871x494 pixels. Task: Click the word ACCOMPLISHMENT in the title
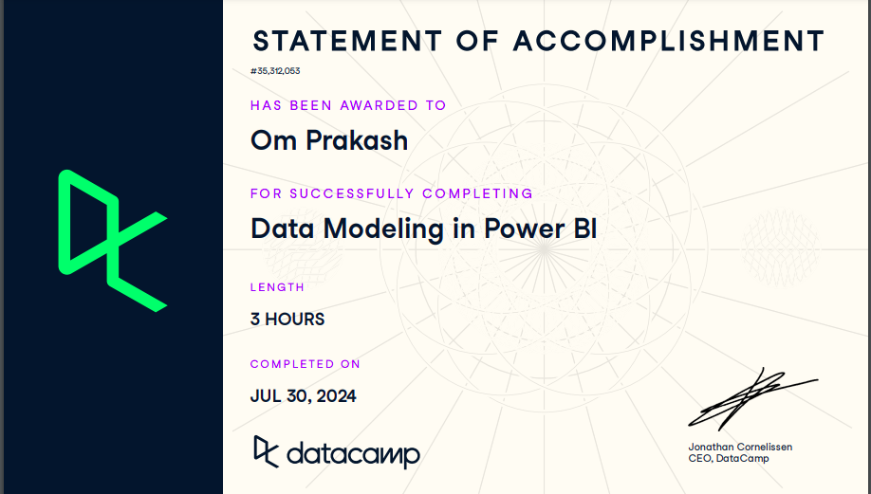[x=669, y=41]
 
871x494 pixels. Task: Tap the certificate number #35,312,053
[x=276, y=71]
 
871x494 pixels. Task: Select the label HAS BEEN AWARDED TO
[x=348, y=105]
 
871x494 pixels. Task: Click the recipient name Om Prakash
[x=329, y=140]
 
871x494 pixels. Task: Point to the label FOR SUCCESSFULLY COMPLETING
[x=391, y=193]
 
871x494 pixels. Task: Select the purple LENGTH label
[x=277, y=286]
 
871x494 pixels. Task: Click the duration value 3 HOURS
[x=287, y=320]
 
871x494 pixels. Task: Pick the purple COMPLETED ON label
[x=305, y=364]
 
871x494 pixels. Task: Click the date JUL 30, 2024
[x=303, y=396]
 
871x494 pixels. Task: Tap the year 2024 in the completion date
[x=336, y=396]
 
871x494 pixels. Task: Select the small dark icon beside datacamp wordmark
[x=266, y=450]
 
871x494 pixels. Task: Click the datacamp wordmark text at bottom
[x=352, y=454]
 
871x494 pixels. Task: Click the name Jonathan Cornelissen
[x=740, y=447]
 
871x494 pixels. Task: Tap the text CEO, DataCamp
[x=729, y=459]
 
